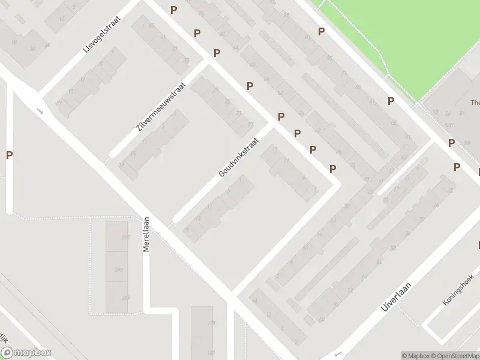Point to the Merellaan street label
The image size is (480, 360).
146,234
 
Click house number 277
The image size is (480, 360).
125,238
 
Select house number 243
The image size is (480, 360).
119,270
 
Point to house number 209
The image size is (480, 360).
125,298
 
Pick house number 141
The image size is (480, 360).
211,353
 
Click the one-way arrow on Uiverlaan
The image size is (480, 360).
338,353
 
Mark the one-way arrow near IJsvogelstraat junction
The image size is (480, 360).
40,110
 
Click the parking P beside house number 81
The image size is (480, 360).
322,32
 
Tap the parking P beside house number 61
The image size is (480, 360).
391,101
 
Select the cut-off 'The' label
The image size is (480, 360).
475,102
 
